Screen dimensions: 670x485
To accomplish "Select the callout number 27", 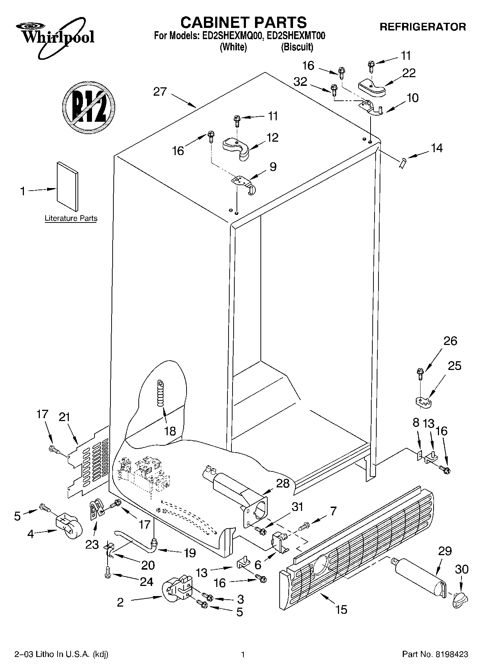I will pyautogui.click(x=160, y=92).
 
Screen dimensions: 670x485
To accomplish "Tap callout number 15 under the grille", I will pyautogui.click(x=341, y=609).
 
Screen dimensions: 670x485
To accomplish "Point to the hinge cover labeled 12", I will pyautogui.click(x=236, y=146).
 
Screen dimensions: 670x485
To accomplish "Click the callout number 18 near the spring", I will pyautogui.click(x=170, y=431).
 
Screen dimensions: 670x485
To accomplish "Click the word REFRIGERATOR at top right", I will pyautogui.click(x=422, y=27).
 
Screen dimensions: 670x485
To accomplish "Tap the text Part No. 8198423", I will pyautogui.click(x=435, y=654).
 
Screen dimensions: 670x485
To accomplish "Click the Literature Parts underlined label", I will pyautogui.click(x=71, y=218).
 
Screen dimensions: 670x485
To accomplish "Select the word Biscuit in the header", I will pyautogui.click(x=297, y=47).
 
